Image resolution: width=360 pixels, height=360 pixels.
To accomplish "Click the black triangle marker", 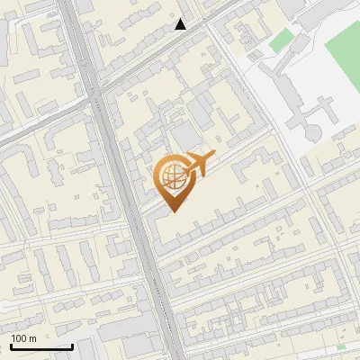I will tap(181, 24).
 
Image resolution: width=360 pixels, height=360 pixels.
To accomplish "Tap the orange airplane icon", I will tap(194, 163).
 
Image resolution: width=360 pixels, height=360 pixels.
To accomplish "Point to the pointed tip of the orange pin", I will tap(171, 211).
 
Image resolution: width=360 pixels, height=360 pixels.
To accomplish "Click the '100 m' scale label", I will tap(24, 338).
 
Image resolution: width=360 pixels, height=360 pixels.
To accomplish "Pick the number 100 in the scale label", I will tap(20, 338).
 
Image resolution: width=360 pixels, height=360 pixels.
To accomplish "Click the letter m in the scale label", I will tap(32, 338).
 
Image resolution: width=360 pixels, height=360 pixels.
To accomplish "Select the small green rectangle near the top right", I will tap(283, 40).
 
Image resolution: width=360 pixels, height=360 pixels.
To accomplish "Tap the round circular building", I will tap(311, 132).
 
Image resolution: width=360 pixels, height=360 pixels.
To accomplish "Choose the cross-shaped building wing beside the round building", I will tap(320, 112).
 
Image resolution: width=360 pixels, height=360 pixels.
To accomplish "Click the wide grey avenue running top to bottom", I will tap(126, 198).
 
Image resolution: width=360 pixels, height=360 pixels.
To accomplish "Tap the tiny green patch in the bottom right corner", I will tap(341, 346).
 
